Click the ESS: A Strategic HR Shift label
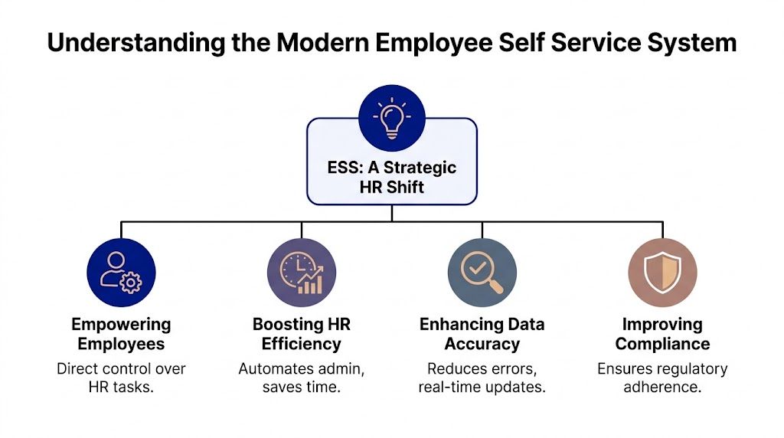click(x=391, y=178)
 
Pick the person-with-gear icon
click(x=121, y=272)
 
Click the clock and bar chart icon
click(x=301, y=272)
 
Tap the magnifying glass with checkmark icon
click(x=482, y=272)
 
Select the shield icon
click(x=662, y=272)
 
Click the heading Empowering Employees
click(x=121, y=334)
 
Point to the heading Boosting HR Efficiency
click(x=301, y=334)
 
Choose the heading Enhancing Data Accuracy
click(x=482, y=334)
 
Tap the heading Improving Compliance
click(x=662, y=334)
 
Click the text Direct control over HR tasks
click(x=121, y=378)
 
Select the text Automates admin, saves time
click(x=301, y=378)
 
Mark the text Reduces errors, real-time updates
click(x=482, y=378)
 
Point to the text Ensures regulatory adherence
click(x=662, y=378)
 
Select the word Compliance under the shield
click(x=662, y=344)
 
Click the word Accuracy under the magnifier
click(x=482, y=344)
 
